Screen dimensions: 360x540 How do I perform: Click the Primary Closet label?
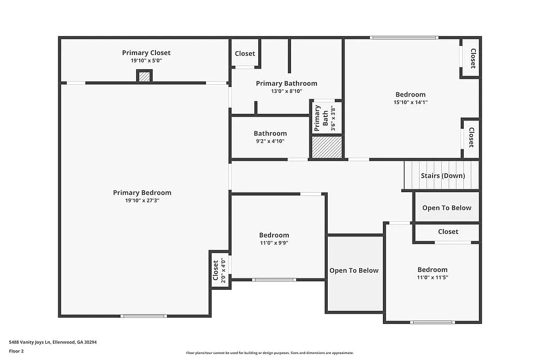[x=146, y=52]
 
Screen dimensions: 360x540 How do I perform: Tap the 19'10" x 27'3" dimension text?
[x=142, y=200]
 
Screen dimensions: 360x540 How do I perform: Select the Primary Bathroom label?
[x=286, y=83]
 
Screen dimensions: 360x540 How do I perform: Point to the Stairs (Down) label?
[x=442, y=175]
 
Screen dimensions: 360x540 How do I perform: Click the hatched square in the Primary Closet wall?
[x=144, y=77]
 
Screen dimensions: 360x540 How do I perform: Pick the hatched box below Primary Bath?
[x=327, y=147]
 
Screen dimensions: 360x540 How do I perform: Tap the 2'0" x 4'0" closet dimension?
[x=222, y=270]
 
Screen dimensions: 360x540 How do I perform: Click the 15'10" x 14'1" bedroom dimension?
[x=410, y=102]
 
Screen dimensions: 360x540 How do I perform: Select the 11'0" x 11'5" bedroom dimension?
[x=432, y=277]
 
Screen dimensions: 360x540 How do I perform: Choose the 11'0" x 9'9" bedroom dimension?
[x=274, y=243]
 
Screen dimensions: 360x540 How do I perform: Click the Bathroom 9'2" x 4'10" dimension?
[x=270, y=141]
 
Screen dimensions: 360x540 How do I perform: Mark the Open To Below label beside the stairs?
[x=447, y=208]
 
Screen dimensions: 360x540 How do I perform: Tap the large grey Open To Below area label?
[x=354, y=270]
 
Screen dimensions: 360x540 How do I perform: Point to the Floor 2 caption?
[x=16, y=351]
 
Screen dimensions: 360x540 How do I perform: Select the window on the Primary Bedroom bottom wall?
[x=143, y=316]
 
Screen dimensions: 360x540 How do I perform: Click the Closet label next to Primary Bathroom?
[x=245, y=53]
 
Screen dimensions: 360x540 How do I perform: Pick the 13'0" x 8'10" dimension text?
[x=286, y=91]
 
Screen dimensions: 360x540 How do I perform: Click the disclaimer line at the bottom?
[x=269, y=353]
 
